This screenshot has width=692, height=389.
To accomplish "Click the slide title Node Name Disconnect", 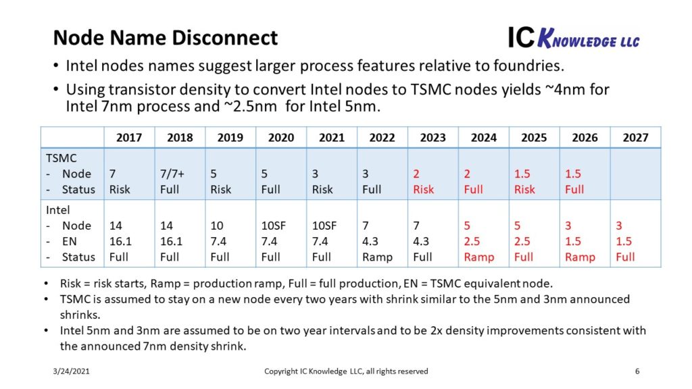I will (165, 37).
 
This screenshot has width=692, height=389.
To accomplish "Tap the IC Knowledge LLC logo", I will (573, 38).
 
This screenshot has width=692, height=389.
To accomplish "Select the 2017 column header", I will (129, 137).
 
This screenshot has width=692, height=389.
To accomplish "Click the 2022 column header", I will (382, 137).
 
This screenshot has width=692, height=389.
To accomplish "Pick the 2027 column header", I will (635, 137).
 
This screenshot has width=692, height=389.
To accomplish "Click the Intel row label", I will (58, 210).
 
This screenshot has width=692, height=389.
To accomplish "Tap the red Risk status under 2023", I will (424, 189).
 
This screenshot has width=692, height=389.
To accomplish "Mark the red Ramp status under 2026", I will (580, 257).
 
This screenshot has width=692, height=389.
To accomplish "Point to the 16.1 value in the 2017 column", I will (121, 241).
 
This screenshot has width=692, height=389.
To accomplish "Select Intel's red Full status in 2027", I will (626, 257).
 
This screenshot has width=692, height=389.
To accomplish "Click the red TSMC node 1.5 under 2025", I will (522, 174).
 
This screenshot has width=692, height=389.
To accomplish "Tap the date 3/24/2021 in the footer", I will (71, 371).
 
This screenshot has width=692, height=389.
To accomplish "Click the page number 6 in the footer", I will (637, 371).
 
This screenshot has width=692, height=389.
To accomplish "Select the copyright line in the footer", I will (345, 371).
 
